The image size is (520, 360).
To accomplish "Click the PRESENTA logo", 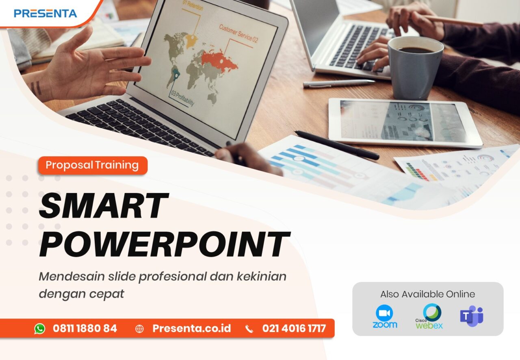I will click(45, 13).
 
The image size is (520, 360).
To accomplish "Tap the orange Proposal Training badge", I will click(92, 165).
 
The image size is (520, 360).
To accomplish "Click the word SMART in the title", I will click(103, 206).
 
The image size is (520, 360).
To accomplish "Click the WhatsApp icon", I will click(40, 329).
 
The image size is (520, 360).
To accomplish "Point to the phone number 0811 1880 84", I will click(84, 328).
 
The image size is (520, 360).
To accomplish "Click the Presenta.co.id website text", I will click(191, 328).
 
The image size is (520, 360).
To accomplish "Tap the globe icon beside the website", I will click(139, 329).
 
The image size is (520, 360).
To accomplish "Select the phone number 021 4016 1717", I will click(294, 328).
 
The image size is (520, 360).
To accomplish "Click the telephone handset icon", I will click(249, 329).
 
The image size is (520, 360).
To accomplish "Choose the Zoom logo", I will click(385, 317).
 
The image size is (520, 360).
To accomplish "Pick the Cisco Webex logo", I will click(429, 317).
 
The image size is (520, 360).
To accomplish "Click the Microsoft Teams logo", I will click(472, 316).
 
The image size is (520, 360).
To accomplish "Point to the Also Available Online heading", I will click(427, 294).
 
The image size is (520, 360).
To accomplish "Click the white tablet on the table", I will click(405, 122).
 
